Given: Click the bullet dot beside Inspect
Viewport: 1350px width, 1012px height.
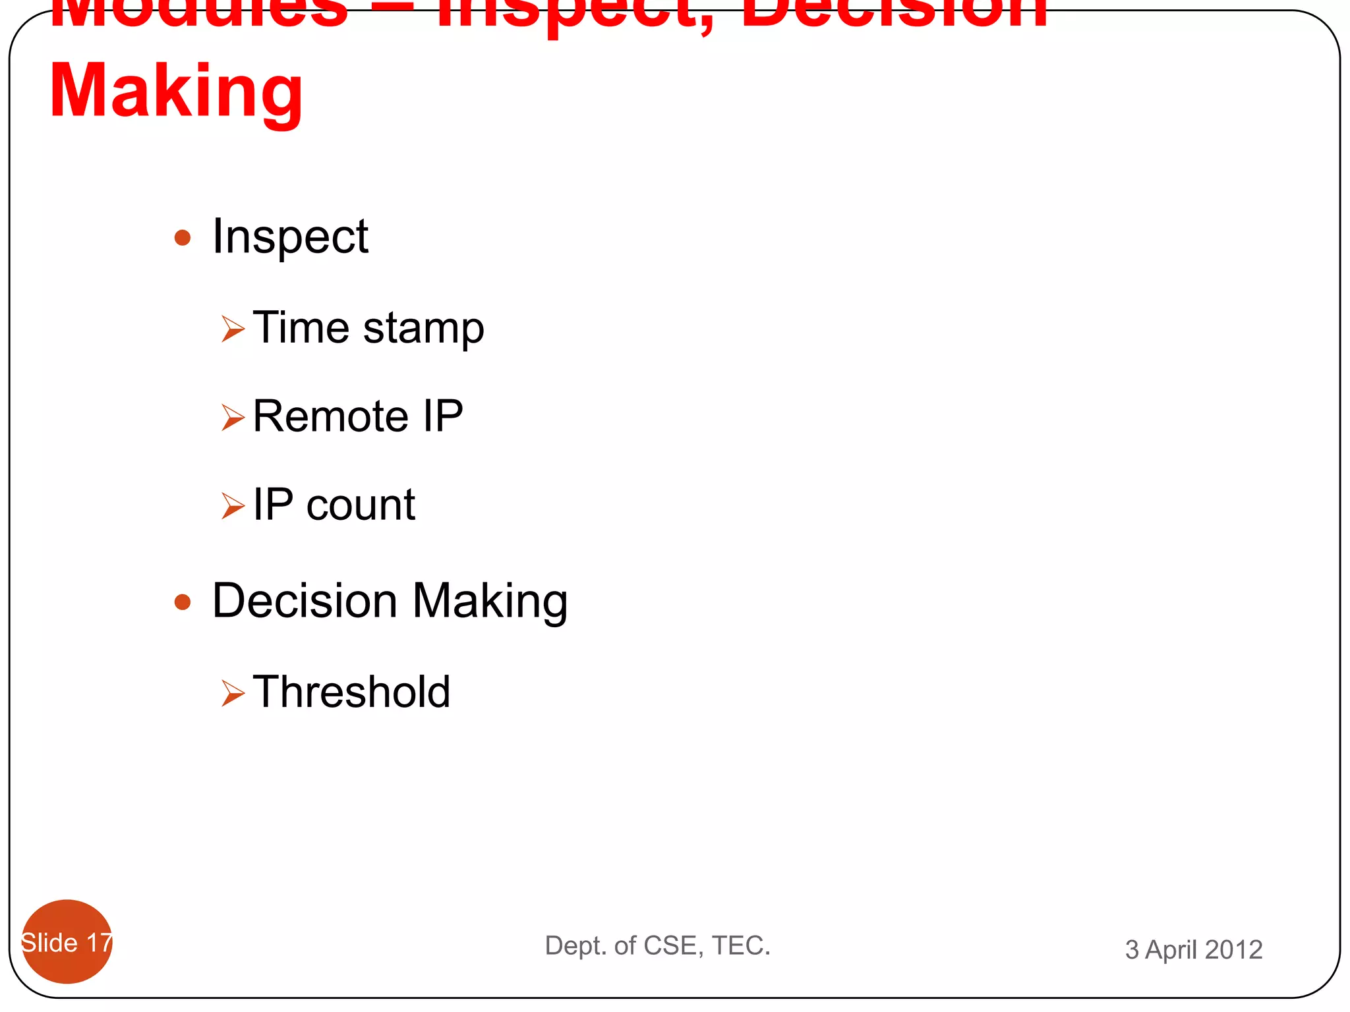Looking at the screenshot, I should pos(183,237).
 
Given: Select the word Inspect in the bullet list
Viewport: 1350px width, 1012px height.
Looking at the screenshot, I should pos(290,237).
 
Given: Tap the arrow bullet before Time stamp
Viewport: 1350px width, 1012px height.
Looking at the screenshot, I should pos(233,328).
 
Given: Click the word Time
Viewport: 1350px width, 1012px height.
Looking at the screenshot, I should pos(301,327).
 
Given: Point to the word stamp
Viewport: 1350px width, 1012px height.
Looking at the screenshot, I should pos(423,329).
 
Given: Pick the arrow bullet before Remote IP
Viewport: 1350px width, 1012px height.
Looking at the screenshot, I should pos(233,417).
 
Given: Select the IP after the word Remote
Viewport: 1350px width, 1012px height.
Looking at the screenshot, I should pos(443,416).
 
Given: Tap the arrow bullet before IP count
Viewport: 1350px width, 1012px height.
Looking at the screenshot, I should pos(233,506).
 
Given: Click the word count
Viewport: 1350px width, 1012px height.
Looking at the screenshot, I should pos(361,505).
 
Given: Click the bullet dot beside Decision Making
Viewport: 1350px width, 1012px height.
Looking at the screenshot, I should pos(183,602).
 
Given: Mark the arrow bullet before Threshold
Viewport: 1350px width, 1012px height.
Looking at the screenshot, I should pos(233,693).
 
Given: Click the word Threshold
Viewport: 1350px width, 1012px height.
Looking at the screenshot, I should pos(351,692).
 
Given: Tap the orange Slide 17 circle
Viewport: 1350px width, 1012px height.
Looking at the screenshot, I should pos(67,942).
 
